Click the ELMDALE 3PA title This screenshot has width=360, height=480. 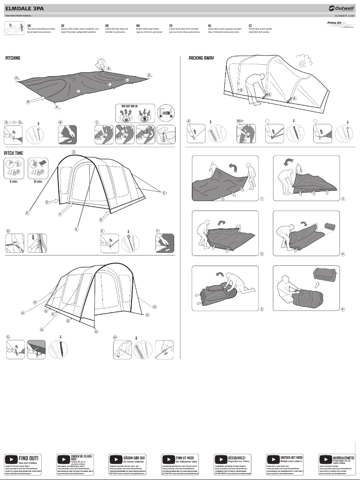point(22,8)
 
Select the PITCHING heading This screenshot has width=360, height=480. point(13,58)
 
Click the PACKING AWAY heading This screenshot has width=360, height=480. point(201,58)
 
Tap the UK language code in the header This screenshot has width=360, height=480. point(29,26)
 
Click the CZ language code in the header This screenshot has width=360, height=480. point(250,26)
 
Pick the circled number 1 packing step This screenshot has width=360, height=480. point(262,198)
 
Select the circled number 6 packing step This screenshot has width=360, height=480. point(343,309)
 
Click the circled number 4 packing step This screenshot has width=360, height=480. point(343,254)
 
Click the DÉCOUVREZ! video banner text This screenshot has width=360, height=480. point(236,458)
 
